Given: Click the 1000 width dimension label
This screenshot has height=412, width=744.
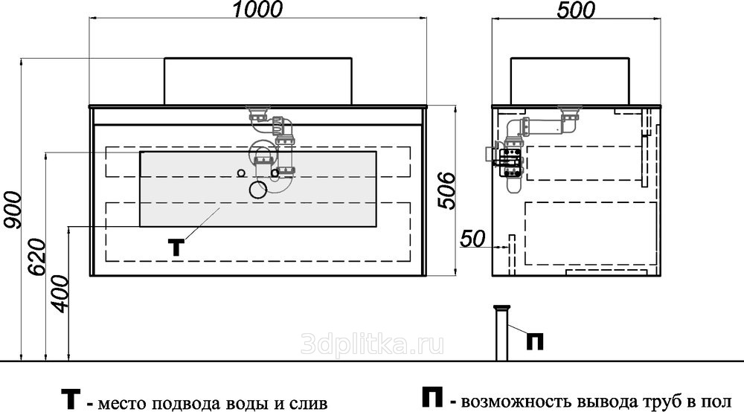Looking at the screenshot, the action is pos(258,10).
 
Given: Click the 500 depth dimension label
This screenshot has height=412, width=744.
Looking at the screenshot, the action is pos(576,10).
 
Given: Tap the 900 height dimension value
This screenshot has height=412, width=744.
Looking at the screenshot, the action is pos(11,210).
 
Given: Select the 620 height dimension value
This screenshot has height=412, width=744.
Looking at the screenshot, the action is pos(37,257).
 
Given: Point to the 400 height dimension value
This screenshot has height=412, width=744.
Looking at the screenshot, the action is pos(60,294).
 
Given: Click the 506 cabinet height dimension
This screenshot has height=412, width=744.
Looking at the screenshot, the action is pos(446,191).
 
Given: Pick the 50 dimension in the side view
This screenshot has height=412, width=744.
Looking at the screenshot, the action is pos(473,239).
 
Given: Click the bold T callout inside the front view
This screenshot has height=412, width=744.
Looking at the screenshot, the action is pos(176,248).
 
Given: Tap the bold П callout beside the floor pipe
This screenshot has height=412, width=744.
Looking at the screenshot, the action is pos(535,341).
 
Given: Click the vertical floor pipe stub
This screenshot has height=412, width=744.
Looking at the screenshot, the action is pos(501,333).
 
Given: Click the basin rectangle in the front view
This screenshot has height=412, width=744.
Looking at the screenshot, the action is pos(257,81).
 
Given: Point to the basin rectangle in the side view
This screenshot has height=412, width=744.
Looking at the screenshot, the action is pos(570,80).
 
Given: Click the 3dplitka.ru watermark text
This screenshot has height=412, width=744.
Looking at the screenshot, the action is pos(372,344).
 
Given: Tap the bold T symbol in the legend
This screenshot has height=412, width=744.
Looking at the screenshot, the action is pos(71,399).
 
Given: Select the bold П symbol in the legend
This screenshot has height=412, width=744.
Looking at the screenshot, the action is pos(433,398).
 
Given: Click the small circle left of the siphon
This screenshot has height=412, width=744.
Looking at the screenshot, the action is pos(241,173).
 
